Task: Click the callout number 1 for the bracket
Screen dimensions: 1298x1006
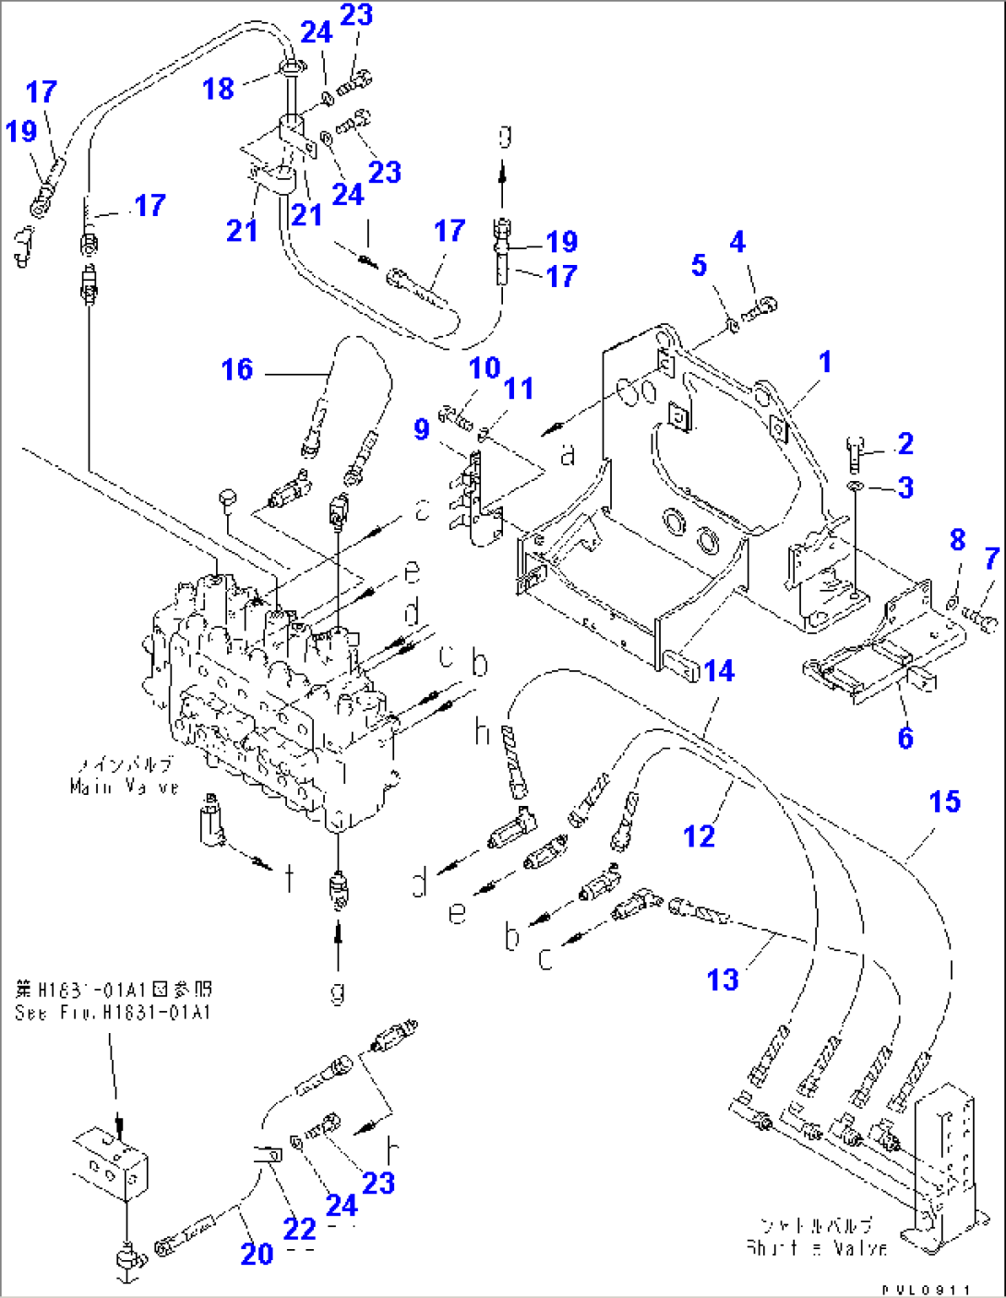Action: pos(825,362)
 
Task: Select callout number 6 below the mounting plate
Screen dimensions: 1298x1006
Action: pos(905,738)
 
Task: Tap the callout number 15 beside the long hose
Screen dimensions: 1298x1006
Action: pos(944,801)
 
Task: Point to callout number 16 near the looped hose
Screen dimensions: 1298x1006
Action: pos(237,369)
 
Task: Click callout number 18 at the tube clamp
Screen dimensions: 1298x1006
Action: pos(219,89)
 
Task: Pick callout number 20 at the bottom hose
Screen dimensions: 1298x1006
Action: pos(257,1253)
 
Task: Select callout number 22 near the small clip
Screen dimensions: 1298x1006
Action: pos(299,1229)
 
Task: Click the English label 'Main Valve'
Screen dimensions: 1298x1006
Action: pos(124,787)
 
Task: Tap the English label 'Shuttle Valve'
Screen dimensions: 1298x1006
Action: pos(816,1247)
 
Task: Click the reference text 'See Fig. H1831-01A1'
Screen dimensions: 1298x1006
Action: pos(113,1013)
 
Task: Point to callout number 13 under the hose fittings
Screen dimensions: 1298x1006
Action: pos(723,979)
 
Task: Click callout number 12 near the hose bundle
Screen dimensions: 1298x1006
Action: pos(699,835)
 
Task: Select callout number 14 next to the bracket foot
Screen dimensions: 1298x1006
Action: pos(719,670)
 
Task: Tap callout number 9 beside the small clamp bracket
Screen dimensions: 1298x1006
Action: pos(422,429)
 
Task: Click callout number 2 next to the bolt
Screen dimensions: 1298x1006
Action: pos(905,443)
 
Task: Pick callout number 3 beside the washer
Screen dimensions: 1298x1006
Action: pos(905,487)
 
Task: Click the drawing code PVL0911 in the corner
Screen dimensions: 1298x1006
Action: pos(926,1290)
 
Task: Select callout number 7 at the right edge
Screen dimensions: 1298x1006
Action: pos(991,558)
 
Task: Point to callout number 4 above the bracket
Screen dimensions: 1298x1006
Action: pos(737,242)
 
